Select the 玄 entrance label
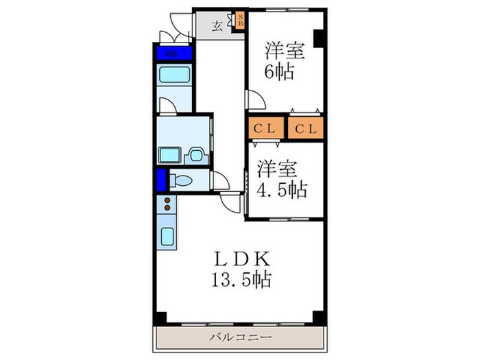tap(216, 27)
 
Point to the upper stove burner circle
tap(167, 200)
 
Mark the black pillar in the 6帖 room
tap(318, 38)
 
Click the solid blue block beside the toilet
tap(161, 180)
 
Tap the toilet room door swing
tap(221, 182)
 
